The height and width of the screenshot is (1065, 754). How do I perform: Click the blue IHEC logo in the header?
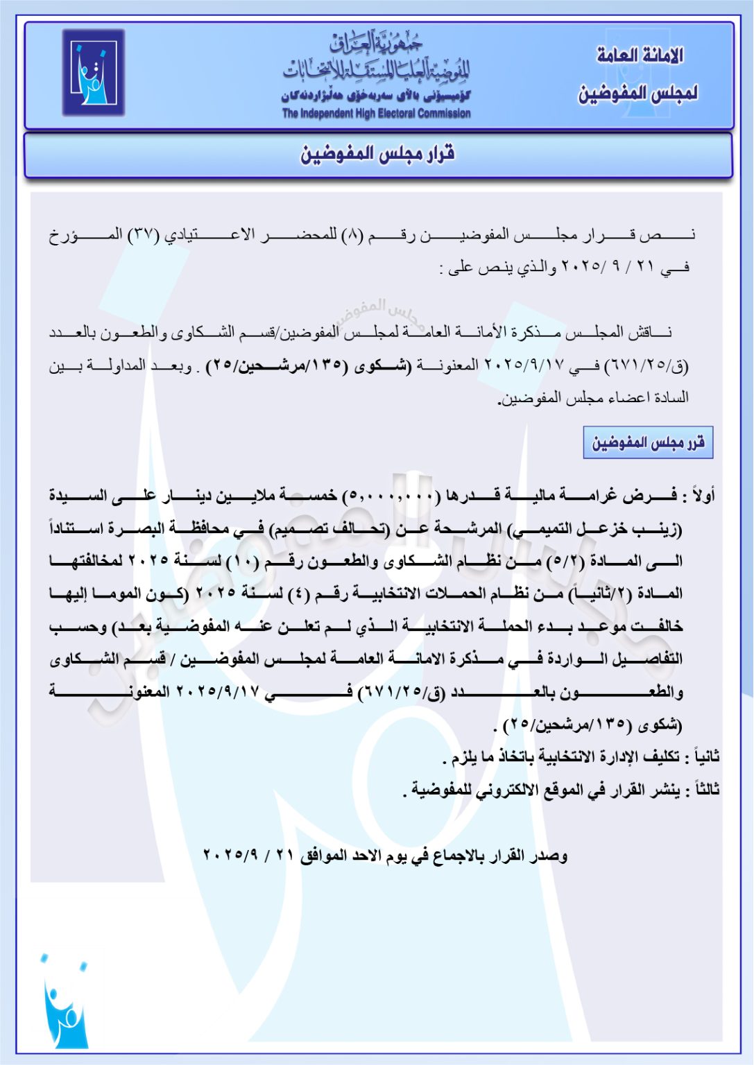[93, 72]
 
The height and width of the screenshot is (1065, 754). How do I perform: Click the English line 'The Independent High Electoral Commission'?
[376, 113]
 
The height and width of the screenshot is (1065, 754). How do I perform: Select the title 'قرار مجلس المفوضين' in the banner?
[377, 154]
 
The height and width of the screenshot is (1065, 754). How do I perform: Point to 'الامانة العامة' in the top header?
[640, 55]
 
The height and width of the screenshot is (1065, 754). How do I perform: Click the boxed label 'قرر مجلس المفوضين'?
[648, 442]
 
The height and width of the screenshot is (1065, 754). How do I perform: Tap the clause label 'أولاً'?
[703, 496]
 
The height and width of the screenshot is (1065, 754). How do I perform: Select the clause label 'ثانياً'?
[702, 756]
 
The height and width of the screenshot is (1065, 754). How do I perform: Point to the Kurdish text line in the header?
[376, 96]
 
